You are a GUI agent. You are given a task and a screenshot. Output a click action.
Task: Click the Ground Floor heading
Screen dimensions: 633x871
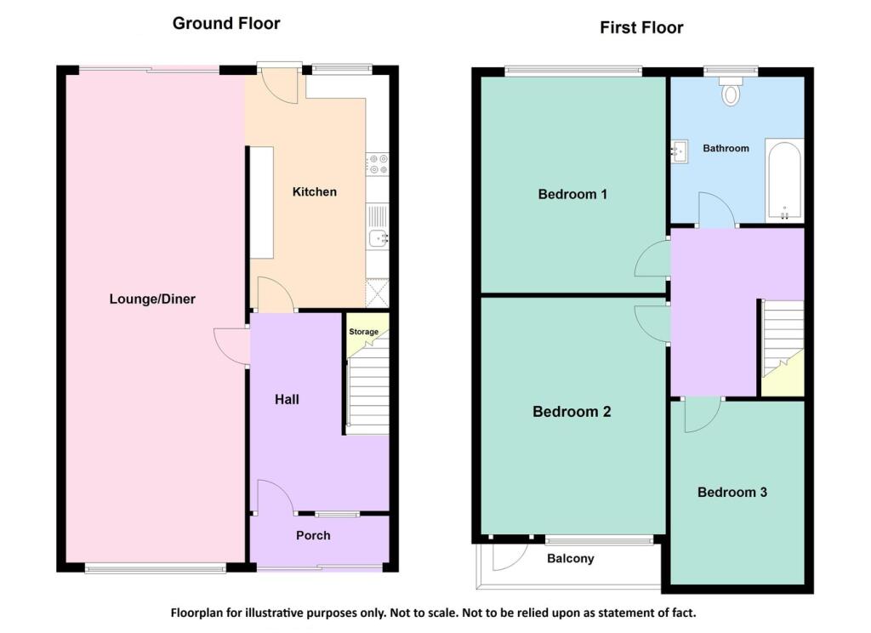pyautogui.click(x=226, y=23)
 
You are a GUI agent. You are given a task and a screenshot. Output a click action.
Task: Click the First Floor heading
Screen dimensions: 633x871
pyautogui.click(x=641, y=27)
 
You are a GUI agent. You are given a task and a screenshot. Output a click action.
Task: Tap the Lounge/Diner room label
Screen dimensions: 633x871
pyautogui.click(x=152, y=299)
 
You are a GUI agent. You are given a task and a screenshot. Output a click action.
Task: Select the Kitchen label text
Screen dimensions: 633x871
pyautogui.click(x=314, y=191)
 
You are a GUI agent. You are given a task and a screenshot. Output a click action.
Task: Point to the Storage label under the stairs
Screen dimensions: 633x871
pyautogui.click(x=363, y=332)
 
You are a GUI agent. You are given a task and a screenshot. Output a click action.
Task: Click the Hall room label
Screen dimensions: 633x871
pyautogui.click(x=287, y=399)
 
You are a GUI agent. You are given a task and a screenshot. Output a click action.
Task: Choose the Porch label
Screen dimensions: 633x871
pyautogui.click(x=313, y=535)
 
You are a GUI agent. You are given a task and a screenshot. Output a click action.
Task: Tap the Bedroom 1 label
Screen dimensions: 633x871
pyautogui.click(x=572, y=194)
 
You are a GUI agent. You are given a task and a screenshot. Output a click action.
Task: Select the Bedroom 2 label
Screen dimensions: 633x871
pyautogui.click(x=572, y=412)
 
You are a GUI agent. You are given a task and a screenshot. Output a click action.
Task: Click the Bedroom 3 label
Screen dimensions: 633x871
pyautogui.click(x=732, y=492)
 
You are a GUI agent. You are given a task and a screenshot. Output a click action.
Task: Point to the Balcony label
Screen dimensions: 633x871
pyautogui.click(x=570, y=559)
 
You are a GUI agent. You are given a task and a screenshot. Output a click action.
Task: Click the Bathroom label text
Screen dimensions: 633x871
pyautogui.click(x=726, y=148)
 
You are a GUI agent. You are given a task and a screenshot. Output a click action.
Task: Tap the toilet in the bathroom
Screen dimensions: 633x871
pyautogui.click(x=731, y=91)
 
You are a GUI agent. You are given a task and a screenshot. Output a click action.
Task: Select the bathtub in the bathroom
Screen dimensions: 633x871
pyautogui.click(x=783, y=180)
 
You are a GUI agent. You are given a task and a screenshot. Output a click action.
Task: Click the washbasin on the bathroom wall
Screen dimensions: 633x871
pyautogui.click(x=679, y=152)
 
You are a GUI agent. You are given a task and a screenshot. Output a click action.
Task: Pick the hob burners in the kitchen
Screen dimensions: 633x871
pyautogui.click(x=377, y=163)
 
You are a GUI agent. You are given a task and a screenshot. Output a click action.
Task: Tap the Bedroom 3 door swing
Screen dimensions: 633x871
pyautogui.click(x=701, y=413)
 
